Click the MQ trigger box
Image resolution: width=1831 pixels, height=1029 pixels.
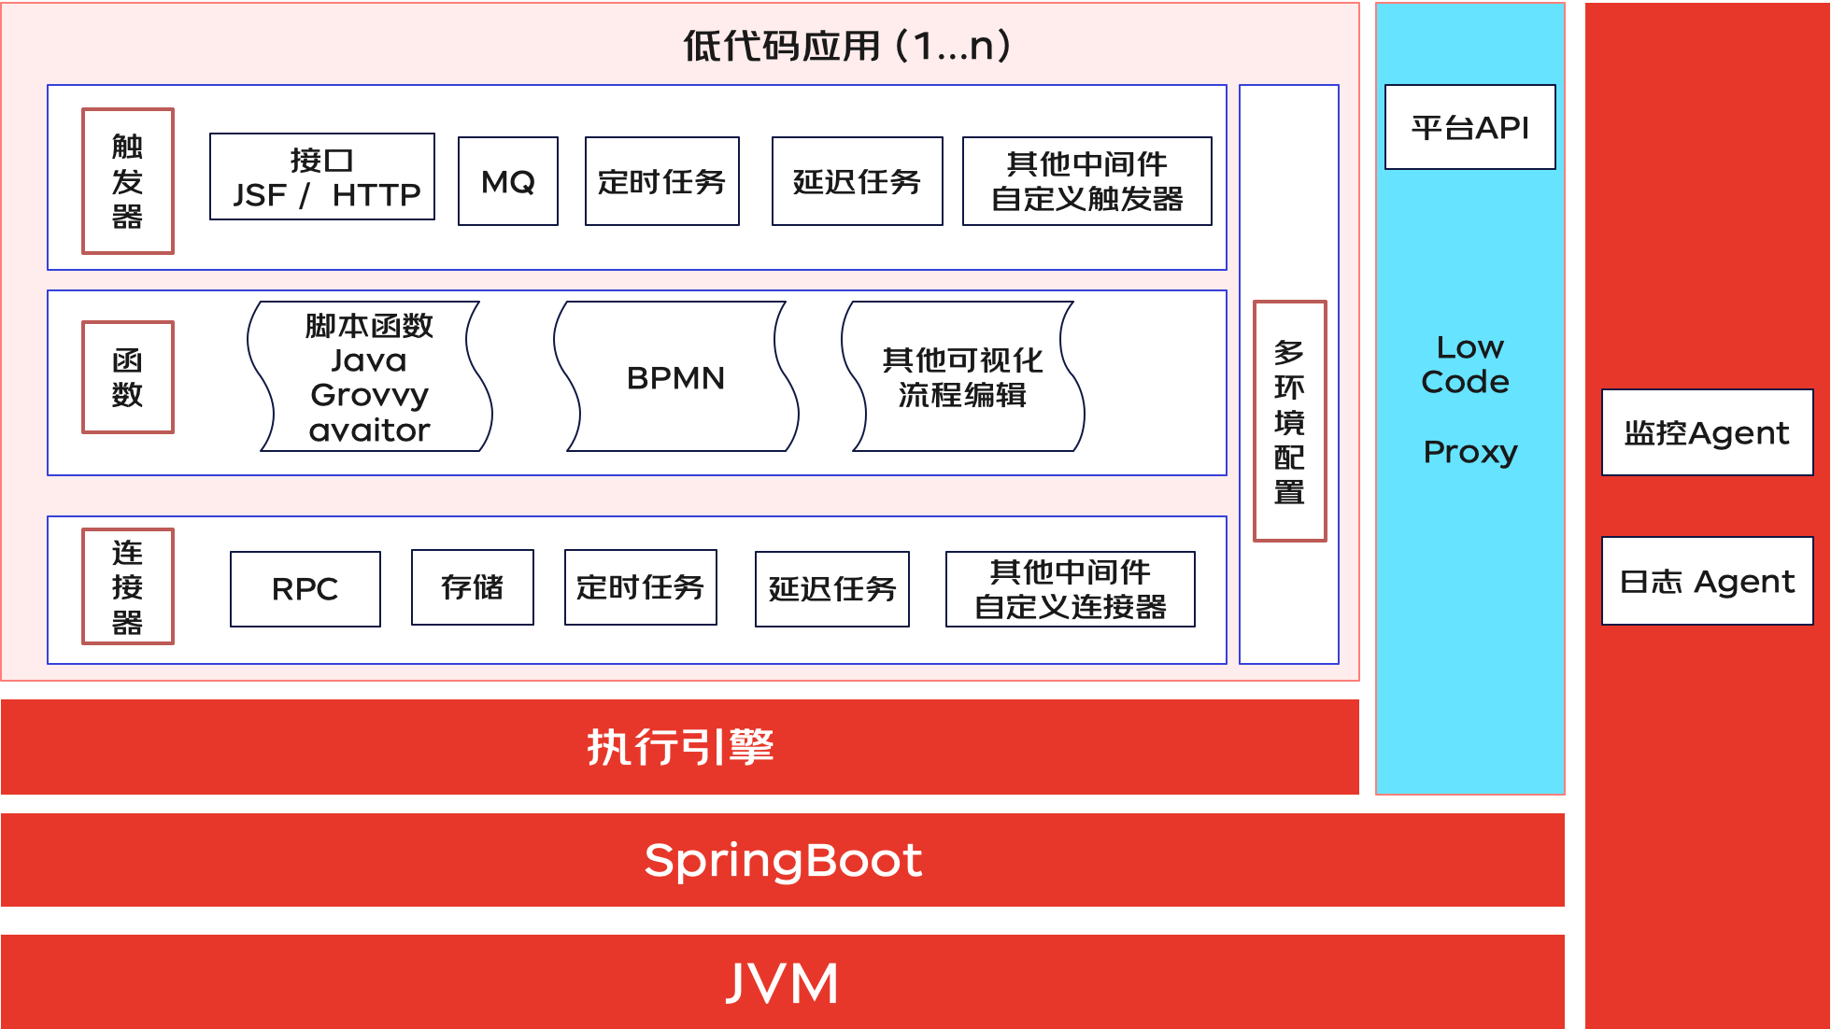[508, 181]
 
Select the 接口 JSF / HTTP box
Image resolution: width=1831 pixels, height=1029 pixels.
[322, 177]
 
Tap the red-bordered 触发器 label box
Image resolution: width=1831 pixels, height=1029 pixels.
[128, 181]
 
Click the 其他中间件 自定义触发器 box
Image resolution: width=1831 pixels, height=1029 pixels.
[1086, 181]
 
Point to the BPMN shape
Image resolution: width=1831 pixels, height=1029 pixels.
[675, 377]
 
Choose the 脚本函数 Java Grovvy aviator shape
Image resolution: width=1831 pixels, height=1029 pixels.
[369, 377]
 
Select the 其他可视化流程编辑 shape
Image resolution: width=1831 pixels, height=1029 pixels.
[962, 377]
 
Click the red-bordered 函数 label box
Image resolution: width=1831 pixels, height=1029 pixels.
[128, 377]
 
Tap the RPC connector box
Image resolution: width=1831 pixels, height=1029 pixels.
[305, 589]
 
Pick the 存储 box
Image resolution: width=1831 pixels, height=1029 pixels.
[473, 587]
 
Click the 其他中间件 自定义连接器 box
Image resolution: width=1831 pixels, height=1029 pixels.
[1070, 589]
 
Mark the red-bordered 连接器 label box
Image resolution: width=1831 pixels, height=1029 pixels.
[128, 586]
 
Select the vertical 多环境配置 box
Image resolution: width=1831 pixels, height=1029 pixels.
[1289, 421]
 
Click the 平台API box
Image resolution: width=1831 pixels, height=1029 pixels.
[1469, 128]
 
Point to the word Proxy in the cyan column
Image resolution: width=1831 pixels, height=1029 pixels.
[1469, 452]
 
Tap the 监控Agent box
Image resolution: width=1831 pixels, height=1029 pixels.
[1707, 433]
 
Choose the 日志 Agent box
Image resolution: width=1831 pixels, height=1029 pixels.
[1707, 581]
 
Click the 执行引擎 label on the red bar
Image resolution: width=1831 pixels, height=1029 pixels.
[680, 747]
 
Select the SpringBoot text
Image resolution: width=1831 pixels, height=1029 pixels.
[783, 860]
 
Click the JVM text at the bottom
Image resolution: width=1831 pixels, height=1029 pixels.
[783, 983]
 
